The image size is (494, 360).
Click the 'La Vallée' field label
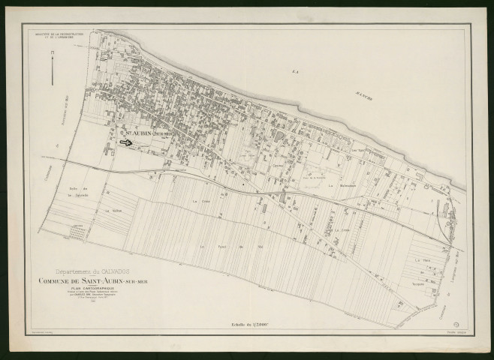[113, 211]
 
